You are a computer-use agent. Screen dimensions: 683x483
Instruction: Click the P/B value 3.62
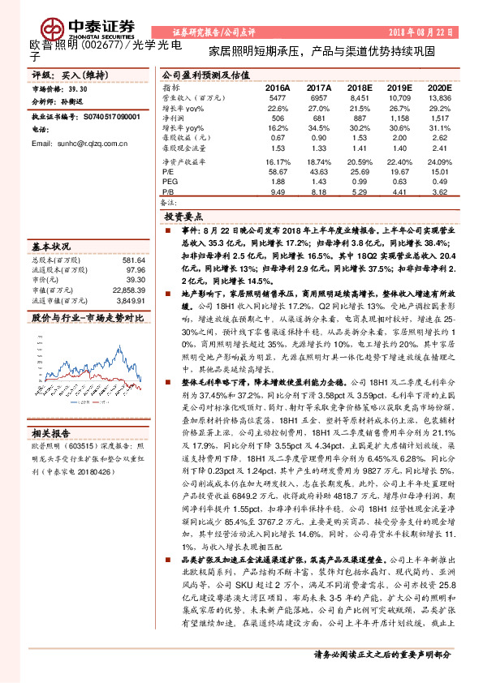[440, 193]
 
